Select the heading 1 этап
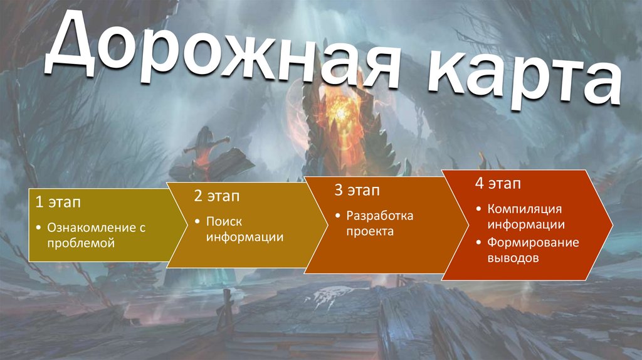point(57,202)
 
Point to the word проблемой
point(80,243)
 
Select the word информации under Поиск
point(245,237)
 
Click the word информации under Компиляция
point(527,224)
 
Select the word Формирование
point(533,242)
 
